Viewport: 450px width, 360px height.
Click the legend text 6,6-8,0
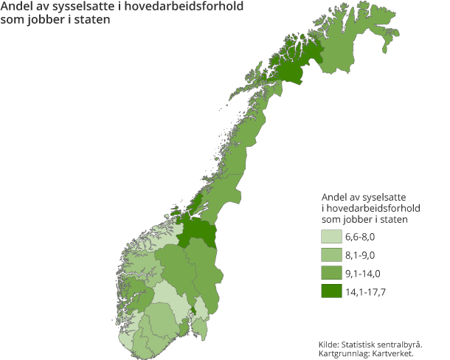361,237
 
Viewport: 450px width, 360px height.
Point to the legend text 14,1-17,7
365,291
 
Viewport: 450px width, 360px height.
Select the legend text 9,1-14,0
363,273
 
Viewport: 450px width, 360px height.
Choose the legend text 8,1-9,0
361,255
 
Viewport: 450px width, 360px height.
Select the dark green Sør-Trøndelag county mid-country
199,232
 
